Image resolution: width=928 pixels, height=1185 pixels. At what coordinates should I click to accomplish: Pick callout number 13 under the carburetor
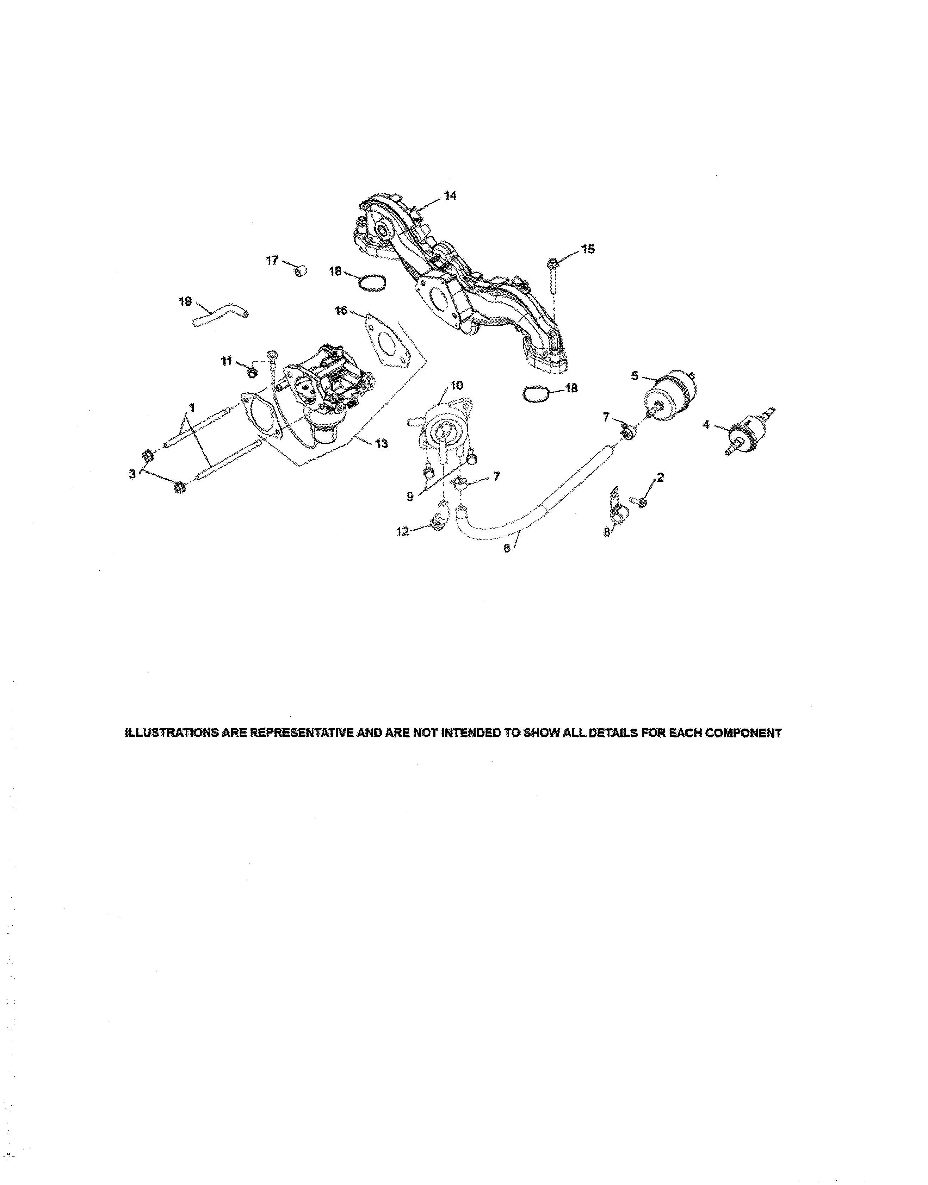382,444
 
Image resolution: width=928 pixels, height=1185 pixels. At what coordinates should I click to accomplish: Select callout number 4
706,425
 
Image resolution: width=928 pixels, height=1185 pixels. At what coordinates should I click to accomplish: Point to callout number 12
403,532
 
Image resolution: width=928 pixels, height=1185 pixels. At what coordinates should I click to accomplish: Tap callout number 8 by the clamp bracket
607,533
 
